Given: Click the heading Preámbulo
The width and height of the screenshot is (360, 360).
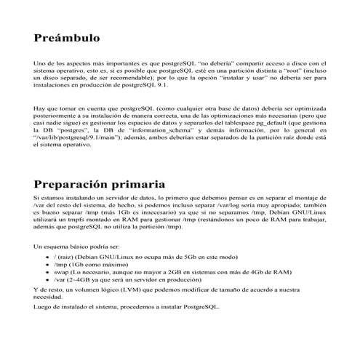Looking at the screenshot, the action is tap(66, 38).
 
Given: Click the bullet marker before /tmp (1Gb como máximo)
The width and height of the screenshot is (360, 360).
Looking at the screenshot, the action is tap(48, 265).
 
